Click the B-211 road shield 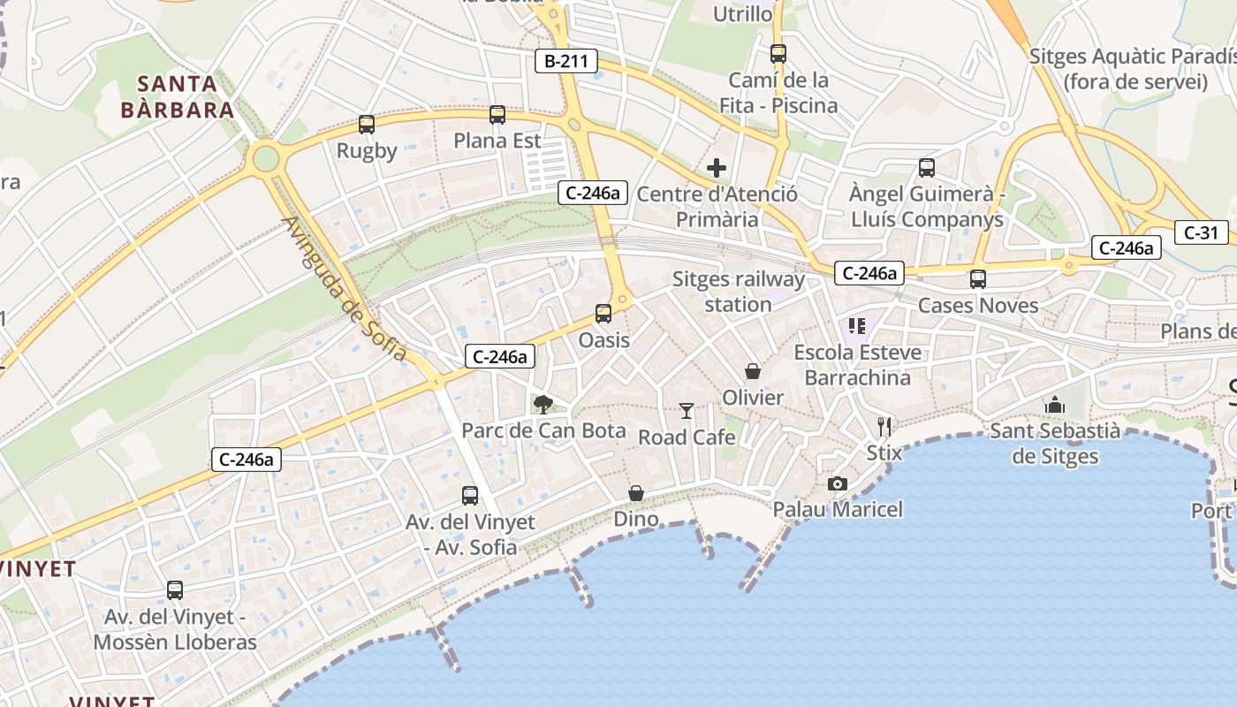tap(566, 61)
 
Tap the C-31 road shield tap(1201, 232)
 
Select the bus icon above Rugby tap(367, 125)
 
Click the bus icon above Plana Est tap(497, 114)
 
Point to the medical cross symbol tap(717, 167)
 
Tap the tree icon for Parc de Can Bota tap(543, 405)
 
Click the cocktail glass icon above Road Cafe tap(687, 410)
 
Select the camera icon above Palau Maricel tap(838, 483)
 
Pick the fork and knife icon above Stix tap(884, 427)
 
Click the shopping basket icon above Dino tap(636, 492)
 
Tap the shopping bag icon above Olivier tap(753, 371)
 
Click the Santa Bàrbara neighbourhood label tap(178, 97)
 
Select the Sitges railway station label tap(739, 292)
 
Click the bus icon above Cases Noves tap(978, 278)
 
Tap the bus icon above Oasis tap(603, 313)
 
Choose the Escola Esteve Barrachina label tap(857, 365)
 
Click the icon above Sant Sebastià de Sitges tap(1054, 405)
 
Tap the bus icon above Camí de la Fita tap(778, 53)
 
